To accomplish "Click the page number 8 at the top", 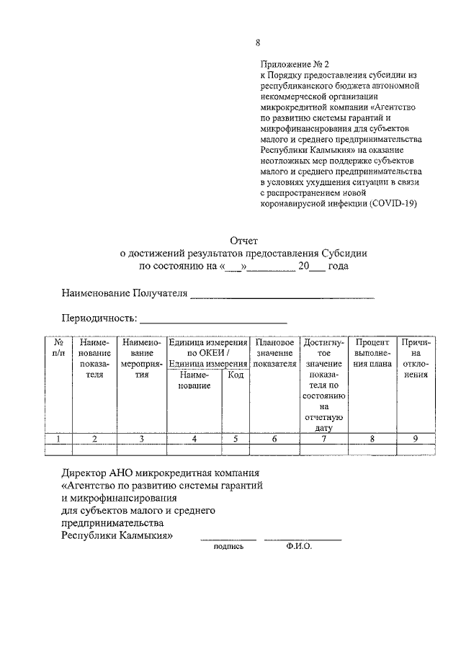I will pos(258,42).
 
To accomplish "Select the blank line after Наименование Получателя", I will pos(282,294).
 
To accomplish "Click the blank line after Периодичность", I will pos(213,318).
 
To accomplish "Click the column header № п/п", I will pos(58,348).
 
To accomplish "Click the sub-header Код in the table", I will pos(236,375).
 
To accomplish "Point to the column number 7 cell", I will pos(324,438).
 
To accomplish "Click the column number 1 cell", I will pos(58,438).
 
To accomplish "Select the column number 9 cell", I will pos(416,438).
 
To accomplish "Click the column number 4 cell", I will pos(194,438).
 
